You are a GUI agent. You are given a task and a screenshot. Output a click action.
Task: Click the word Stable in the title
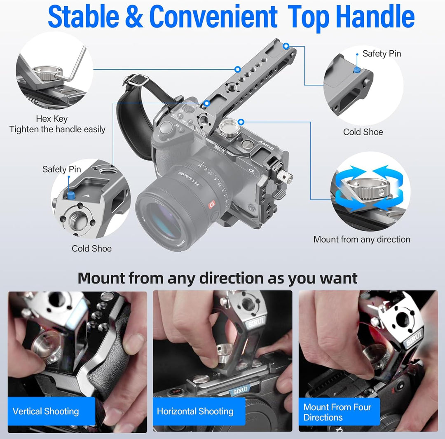pyautogui.click(x=84, y=16)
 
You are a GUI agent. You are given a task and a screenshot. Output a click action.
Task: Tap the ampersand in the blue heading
pyautogui.click(x=133, y=16)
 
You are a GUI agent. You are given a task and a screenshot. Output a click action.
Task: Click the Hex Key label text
pyautogui.click(x=52, y=119)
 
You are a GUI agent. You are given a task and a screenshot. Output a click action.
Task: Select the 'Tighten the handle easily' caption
pyautogui.click(x=57, y=129)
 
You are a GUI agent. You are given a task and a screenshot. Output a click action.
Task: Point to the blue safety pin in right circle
pyautogui.click(x=357, y=70)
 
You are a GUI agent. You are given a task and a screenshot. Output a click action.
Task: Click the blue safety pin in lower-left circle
pyautogui.click(x=70, y=195)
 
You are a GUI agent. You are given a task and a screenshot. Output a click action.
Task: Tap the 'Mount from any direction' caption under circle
pyautogui.click(x=362, y=239)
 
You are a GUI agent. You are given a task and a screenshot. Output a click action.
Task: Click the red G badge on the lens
pyautogui.click(x=212, y=204)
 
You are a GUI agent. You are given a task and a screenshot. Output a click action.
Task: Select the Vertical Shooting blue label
pyautogui.click(x=52, y=411)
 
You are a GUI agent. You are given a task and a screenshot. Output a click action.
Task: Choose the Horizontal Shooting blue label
pyautogui.click(x=199, y=411)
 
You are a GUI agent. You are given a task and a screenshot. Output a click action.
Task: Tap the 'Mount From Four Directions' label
pyautogui.click(x=339, y=412)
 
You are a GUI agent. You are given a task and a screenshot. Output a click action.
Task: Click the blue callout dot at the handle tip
pyautogui.click(x=286, y=46)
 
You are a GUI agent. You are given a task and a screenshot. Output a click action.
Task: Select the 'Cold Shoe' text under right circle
pyautogui.click(x=363, y=132)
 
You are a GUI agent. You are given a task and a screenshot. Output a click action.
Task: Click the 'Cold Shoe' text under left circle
pyautogui.click(x=91, y=249)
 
